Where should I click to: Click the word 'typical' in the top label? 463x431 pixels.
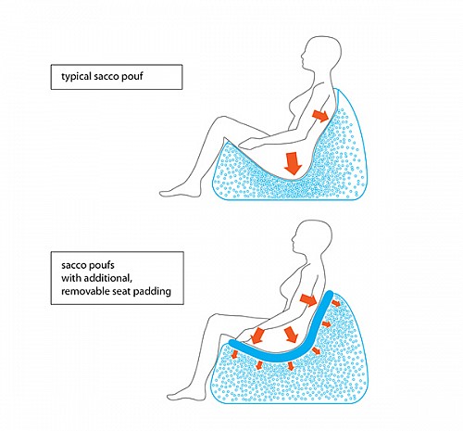76,77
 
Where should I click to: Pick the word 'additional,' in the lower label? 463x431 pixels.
107,278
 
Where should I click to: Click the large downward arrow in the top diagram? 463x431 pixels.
293,164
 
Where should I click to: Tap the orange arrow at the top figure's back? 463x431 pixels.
320,116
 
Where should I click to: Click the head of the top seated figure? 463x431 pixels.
321,55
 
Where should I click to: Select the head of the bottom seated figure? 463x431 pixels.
312,238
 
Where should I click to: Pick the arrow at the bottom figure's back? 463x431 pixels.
308,299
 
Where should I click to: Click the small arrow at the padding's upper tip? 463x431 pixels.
336,304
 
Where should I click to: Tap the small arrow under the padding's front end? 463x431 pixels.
234,354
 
